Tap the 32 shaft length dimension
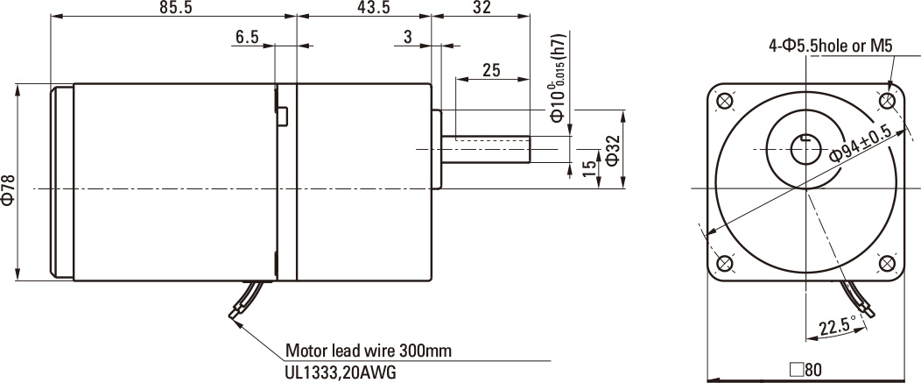coord(481,7)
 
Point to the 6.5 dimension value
coord(247,38)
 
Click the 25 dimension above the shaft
coord(491,70)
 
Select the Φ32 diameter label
coord(613,152)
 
